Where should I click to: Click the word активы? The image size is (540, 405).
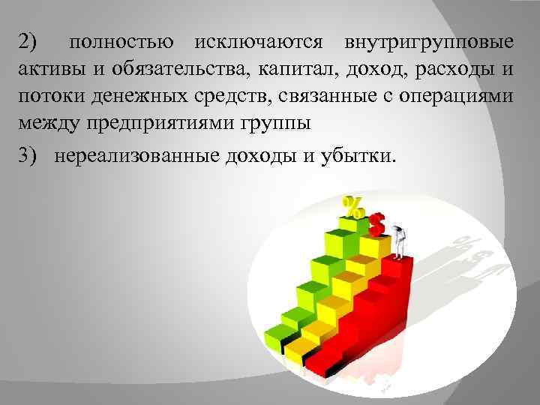click(x=47, y=71)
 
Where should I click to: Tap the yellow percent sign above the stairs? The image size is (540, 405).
click(x=352, y=206)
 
